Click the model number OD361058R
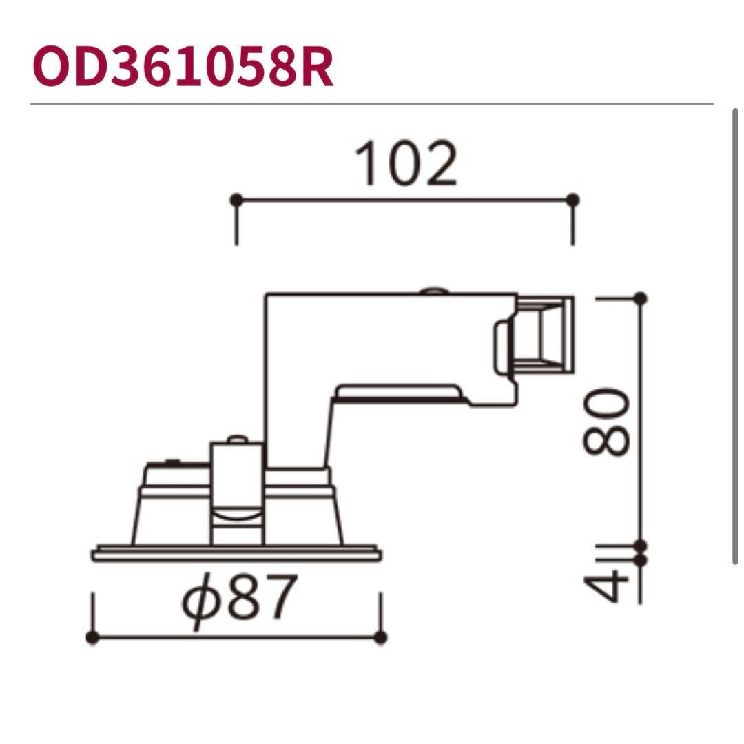[183, 68]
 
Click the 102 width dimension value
[406, 164]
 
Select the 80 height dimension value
[606, 422]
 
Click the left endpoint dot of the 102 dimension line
[236, 200]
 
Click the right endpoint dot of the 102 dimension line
[572, 200]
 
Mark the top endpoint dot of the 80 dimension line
[640, 298]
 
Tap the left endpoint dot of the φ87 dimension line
[93, 638]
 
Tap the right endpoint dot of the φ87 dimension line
[380, 638]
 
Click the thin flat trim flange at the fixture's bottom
[236, 553]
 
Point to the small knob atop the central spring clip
[236, 439]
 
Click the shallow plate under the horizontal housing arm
[398, 393]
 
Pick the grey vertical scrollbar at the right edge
[735, 338]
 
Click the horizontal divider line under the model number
[372, 104]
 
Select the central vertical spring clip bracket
[236, 493]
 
